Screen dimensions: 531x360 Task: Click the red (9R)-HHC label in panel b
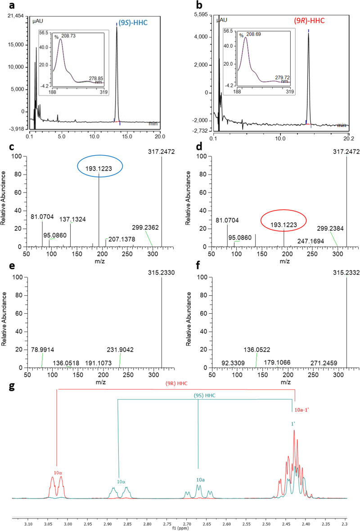[309, 20]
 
